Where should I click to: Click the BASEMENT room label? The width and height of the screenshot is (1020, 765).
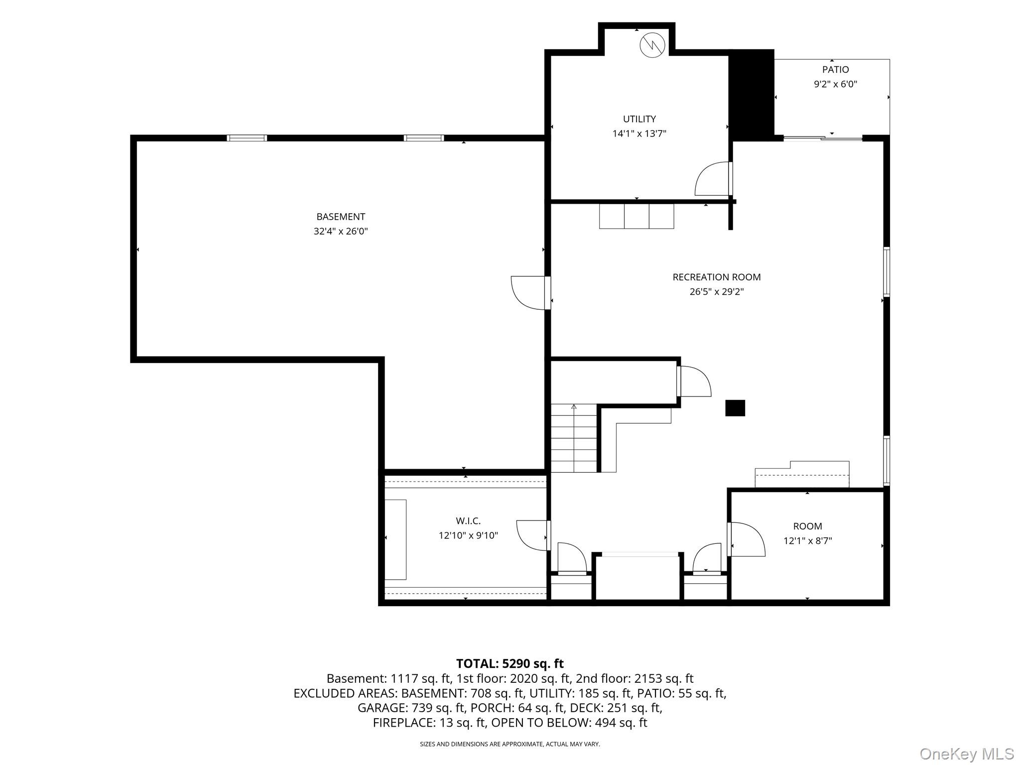click(341, 217)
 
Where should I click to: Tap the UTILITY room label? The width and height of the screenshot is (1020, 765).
click(639, 119)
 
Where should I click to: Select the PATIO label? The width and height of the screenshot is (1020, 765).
click(835, 70)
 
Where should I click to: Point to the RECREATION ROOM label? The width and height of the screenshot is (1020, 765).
click(716, 277)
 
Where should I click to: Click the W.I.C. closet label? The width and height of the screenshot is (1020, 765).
click(468, 521)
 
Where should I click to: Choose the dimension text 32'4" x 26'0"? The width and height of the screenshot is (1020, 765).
click(341, 231)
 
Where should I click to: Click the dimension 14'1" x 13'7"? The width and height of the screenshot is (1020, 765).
click(639, 133)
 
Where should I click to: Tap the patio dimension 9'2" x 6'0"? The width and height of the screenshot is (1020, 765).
click(835, 84)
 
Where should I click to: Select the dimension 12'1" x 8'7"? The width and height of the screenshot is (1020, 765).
click(807, 541)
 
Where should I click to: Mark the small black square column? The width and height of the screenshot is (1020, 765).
click(735, 408)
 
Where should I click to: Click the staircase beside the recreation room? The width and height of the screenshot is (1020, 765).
click(574, 438)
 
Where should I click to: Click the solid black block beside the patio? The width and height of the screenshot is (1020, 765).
click(752, 95)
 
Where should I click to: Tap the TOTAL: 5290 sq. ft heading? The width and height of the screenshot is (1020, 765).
click(510, 664)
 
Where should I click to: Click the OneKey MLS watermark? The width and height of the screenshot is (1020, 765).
click(967, 754)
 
